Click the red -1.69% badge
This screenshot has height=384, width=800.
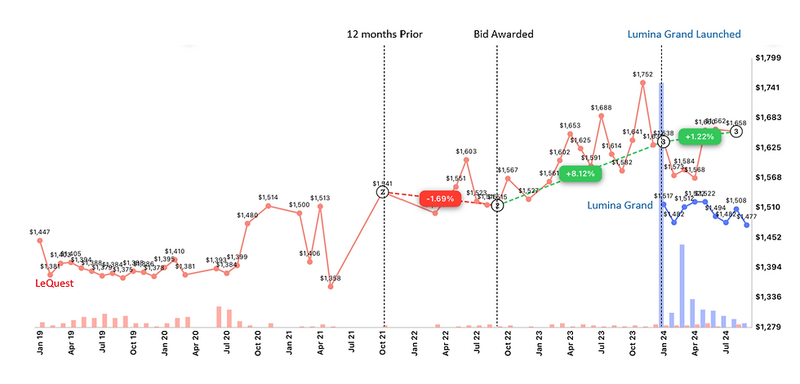tap(442, 199)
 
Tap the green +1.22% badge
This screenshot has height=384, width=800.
tap(700, 136)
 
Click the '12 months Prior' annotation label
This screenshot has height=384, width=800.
tap(384, 34)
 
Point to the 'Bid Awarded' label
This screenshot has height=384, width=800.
tap(504, 34)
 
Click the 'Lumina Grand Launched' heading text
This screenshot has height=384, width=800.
tap(684, 34)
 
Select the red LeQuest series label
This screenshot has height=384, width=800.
tap(54, 284)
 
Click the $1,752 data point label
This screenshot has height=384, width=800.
tap(643, 74)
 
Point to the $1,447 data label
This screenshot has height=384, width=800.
tap(39, 232)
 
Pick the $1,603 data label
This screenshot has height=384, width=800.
tap(466, 151)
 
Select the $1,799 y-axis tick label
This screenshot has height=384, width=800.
tap(769, 58)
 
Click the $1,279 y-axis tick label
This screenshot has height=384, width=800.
tap(769, 327)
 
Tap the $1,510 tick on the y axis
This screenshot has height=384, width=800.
tap(769, 207)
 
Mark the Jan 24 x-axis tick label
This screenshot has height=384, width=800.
tap(665, 340)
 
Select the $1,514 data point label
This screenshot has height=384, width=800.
tap(269, 197)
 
